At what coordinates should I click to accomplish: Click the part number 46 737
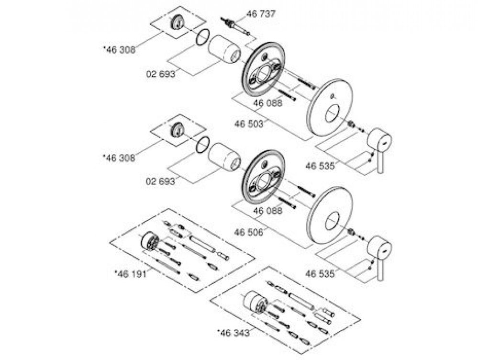point(260,14)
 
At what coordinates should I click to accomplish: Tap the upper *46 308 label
point(119,50)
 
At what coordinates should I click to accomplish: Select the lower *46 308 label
point(119,158)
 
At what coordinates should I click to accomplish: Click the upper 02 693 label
point(161,74)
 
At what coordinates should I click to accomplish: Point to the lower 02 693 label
point(160,181)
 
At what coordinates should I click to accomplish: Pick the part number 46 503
point(249,124)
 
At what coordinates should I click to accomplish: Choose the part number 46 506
point(249,232)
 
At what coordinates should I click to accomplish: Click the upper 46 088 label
point(267,103)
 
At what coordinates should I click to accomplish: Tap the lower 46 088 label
point(267,211)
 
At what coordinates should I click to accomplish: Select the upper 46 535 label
point(320,166)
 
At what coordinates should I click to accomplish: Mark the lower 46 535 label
point(320,274)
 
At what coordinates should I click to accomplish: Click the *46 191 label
point(130,274)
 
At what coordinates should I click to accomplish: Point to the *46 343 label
point(233,333)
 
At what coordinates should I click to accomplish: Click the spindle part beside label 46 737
point(235,26)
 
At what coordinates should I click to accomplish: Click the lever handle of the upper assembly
point(379,149)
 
